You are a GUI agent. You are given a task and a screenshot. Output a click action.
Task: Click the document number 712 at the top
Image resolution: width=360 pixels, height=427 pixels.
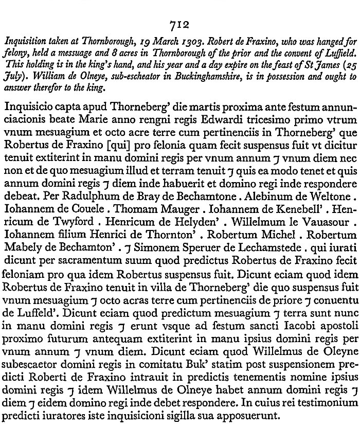coord(180,25)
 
